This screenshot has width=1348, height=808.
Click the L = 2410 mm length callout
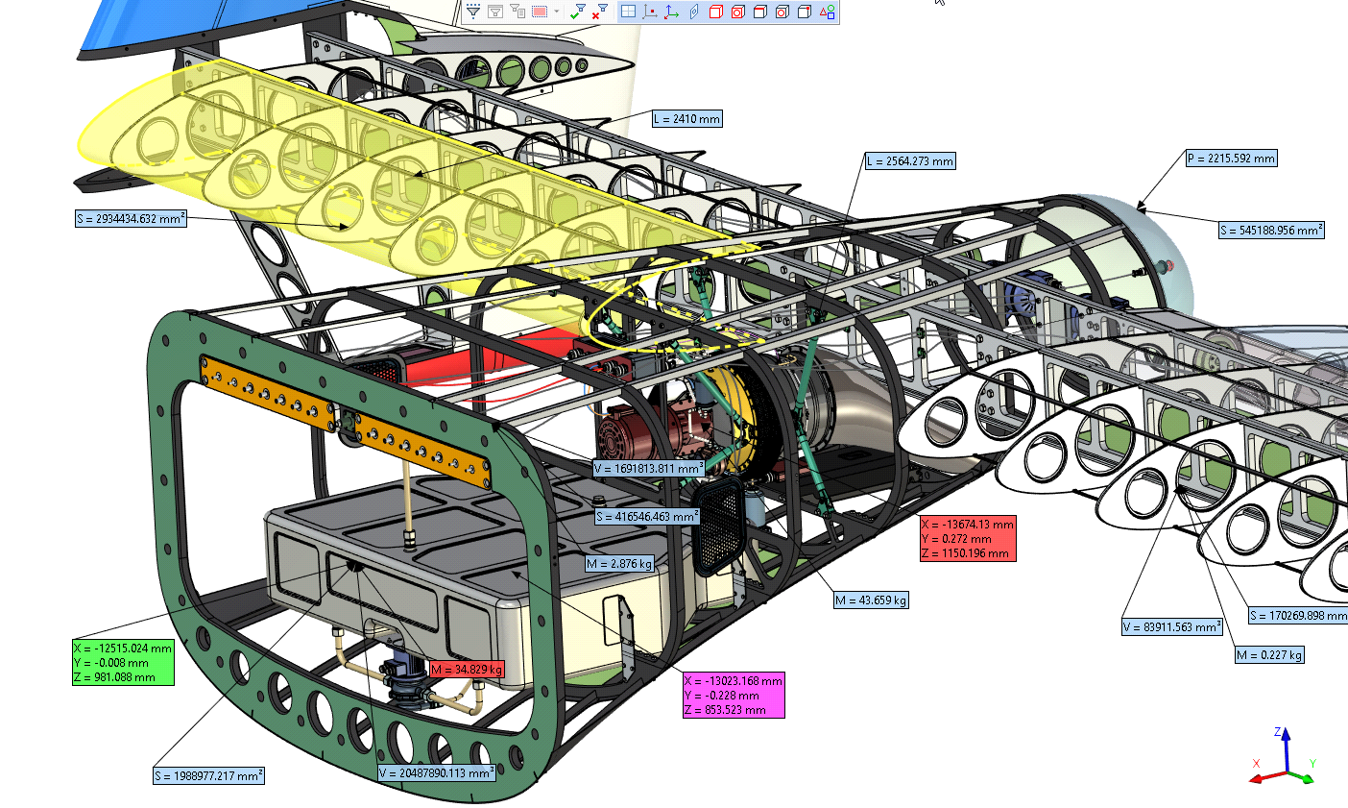coord(687,118)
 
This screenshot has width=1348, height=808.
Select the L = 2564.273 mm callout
coord(910,160)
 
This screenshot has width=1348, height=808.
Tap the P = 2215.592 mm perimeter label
coord(1231,159)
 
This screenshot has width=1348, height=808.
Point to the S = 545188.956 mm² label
coord(1271,230)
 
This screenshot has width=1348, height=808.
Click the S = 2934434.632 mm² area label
coord(131,218)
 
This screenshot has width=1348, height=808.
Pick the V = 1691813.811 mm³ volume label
coord(649,469)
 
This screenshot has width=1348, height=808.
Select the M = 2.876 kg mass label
coord(619,564)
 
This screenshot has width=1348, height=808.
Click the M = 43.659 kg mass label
coord(871,600)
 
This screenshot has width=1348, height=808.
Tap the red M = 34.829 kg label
coord(467,669)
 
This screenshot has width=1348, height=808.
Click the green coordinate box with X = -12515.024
coord(123,662)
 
